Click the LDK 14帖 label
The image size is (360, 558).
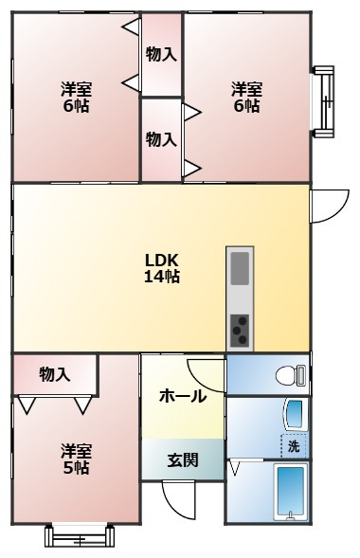coord(162,268)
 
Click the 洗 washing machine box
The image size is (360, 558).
coord(294,445)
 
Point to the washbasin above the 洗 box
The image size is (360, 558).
coord(296,413)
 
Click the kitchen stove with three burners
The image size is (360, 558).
coord(241,331)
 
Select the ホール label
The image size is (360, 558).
coord(182,397)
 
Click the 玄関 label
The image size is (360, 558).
coord(183,461)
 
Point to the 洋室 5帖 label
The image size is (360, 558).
coord(76,458)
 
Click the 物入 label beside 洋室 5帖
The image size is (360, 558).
coord(55,374)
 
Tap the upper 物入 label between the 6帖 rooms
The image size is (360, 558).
coord(161,55)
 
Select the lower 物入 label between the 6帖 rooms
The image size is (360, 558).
coord(161,139)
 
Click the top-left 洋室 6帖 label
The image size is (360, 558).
coord(76,98)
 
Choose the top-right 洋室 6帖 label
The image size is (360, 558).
coord(246,98)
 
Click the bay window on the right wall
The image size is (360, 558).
coord(324,98)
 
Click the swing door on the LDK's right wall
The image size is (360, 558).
coord(328,205)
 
